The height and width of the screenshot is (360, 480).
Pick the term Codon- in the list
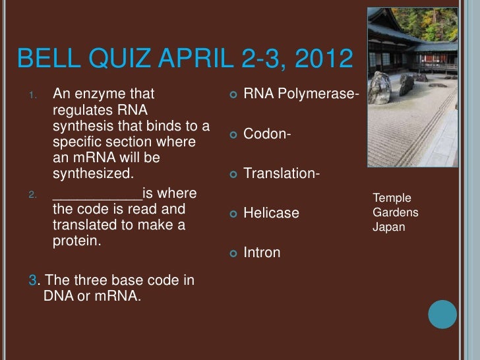pyautogui.click(x=268, y=135)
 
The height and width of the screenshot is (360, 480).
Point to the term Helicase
pyautogui.click(x=271, y=213)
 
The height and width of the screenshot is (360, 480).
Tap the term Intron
pyautogui.click(x=262, y=252)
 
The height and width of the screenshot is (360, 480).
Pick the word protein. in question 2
pyautogui.click(x=76, y=241)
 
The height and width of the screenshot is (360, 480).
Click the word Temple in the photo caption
pyautogui.click(x=392, y=198)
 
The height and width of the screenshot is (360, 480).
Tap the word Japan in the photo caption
pyautogui.click(x=389, y=227)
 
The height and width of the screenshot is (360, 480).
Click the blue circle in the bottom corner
pyautogui.click(x=442, y=314)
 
